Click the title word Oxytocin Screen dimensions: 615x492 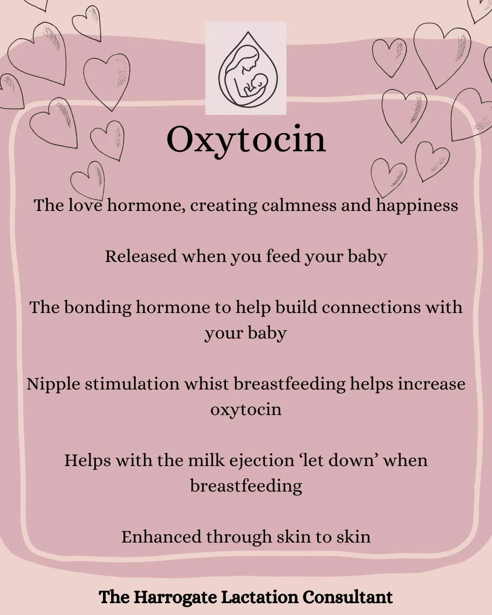246,139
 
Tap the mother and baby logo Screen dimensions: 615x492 246,68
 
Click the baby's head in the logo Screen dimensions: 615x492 258,82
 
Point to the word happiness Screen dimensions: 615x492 417,206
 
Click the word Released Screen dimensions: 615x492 141,256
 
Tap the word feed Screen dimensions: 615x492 282,256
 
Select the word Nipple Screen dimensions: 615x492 53,384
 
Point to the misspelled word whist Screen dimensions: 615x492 206,384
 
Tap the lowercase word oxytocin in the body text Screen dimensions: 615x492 246,410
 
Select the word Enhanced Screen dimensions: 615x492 161,537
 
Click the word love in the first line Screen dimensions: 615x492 85,205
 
